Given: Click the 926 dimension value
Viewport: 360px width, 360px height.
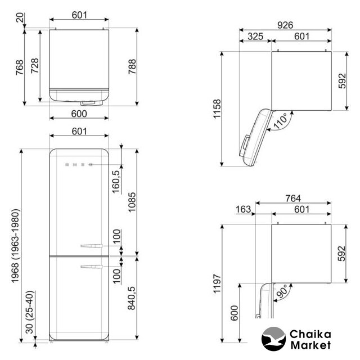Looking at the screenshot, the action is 285,25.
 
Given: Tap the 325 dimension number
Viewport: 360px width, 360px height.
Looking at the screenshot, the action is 255,36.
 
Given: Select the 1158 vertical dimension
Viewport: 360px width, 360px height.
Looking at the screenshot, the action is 217,109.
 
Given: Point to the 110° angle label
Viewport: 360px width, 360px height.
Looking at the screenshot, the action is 280,120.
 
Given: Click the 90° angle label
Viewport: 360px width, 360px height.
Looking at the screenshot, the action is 282,291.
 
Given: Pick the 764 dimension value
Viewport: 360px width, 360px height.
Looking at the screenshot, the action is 293,198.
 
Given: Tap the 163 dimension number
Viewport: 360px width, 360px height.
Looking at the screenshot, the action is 244,209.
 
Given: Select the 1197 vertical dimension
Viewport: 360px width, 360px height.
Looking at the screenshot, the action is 217,283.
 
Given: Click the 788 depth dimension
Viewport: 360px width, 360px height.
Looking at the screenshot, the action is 132,66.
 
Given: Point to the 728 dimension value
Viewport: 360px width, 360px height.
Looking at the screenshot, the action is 35,66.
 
